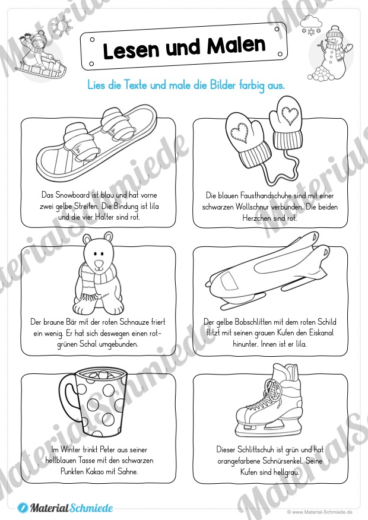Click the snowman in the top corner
click(333, 53)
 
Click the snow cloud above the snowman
click(311, 24)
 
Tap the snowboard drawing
click(96, 142)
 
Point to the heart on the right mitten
click(290, 114)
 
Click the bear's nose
click(99, 264)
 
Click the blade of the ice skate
click(268, 431)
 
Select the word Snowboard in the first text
click(72, 195)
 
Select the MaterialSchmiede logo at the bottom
click(65, 508)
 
